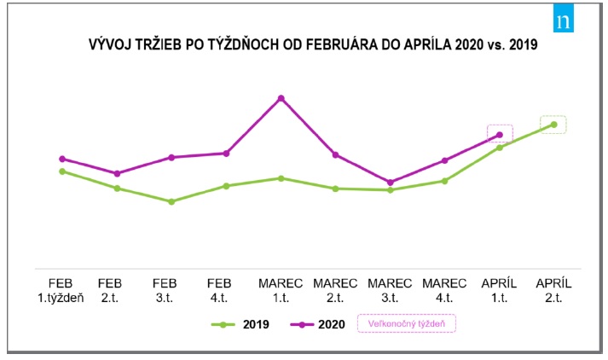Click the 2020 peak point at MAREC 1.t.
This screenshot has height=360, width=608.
click(281, 99)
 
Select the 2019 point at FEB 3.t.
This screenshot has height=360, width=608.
click(171, 201)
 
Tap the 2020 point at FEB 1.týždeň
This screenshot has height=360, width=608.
click(62, 159)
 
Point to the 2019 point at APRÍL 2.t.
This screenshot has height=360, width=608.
click(553, 125)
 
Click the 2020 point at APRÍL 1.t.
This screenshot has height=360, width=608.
click(500, 134)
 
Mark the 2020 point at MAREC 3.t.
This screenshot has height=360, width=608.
click(390, 182)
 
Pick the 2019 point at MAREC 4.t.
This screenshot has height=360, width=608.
click(444, 181)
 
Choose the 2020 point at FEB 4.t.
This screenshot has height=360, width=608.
click(226, 154)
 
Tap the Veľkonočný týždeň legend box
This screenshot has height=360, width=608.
click(408, 324)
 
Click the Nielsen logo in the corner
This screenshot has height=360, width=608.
click(563, 21)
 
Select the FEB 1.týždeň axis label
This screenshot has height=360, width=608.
click(62, 290)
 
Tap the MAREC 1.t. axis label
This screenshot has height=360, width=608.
click(281, 290)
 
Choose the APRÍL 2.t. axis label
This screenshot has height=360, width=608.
click(553, 290)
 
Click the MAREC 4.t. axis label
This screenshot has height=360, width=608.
click(444, 290)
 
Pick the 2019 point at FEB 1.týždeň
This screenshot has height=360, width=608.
click(62, 171)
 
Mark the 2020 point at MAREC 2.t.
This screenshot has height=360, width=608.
click(335, 154)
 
